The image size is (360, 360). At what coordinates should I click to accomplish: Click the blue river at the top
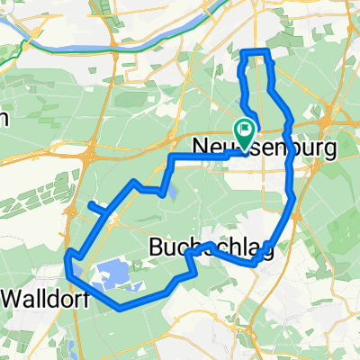[135, 50]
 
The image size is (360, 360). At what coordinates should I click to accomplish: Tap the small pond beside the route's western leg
[172, 191]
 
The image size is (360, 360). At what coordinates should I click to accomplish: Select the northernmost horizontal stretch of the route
[255, 52]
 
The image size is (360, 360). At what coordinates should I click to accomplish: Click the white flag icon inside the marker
[244, 130]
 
